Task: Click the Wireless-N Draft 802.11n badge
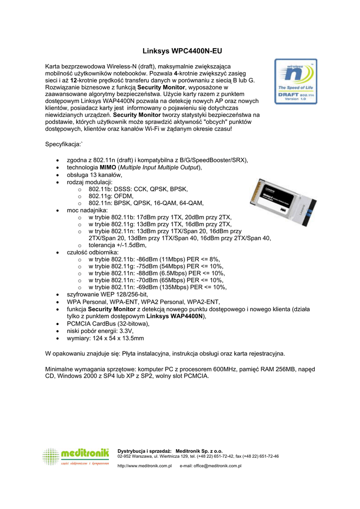pyautogui.click(x=296, y=82)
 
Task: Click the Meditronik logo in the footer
pyautogui.click(x=76, y=456)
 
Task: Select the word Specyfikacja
pyautogui.click(x=63, y=145)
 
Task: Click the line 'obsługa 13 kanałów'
pyautogui.click(x=94, y=175)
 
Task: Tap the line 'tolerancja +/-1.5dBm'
pyautogui.click(x=117, y=245)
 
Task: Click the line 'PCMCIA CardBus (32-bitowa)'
pyautogui.click(x=108, y=324)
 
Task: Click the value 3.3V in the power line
pyautogui.click(x=126, y=331)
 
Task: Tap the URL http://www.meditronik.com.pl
pyautogui.click(x=144, y=466)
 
